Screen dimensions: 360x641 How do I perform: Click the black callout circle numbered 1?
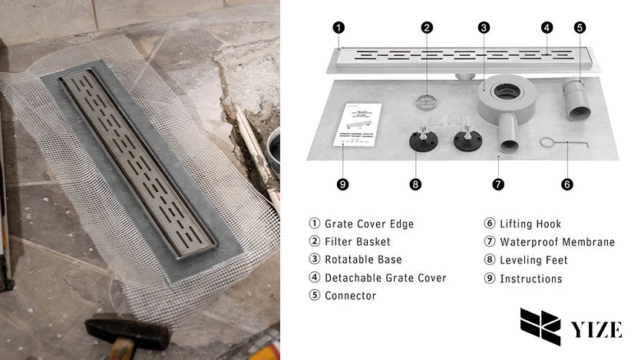339,27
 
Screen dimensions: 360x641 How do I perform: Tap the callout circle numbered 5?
580,27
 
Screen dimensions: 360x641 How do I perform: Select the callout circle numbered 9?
342,184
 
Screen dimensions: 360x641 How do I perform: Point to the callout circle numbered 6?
567,184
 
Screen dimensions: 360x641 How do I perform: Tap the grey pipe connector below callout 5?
578,98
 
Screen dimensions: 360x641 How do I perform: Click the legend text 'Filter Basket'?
357,242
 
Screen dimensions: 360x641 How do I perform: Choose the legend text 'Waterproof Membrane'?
557,242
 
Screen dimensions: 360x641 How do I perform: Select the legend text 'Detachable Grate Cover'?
385,278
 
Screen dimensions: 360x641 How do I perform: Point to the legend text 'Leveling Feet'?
534,260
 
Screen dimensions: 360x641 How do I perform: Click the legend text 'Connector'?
350,296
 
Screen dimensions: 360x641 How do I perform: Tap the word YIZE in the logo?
596,330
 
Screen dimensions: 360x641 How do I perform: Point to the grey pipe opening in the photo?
272,141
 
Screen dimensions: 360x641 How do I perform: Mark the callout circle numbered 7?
498,184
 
